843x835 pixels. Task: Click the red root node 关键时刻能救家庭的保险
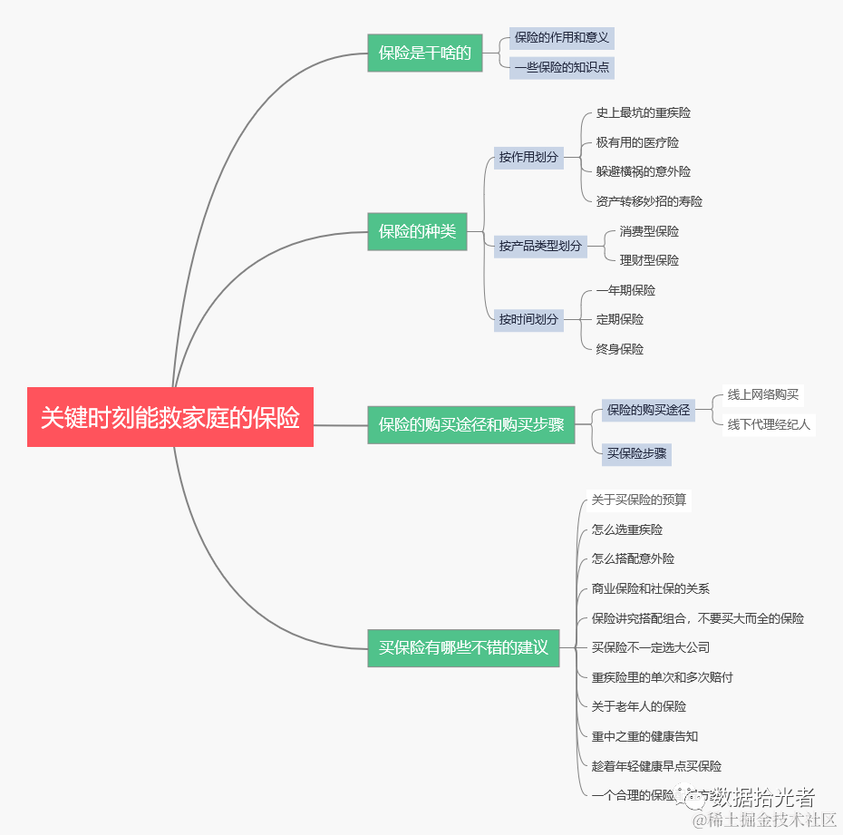click(170, 417)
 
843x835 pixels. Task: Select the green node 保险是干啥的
click(424, 53)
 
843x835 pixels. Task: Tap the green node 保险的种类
click(417, 231)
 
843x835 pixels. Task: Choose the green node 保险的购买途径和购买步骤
click(471, 424)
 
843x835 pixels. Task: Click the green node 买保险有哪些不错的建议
click(463, 647)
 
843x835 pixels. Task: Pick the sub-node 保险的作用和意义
click(562, 38)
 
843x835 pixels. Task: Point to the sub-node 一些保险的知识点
click(562, 67)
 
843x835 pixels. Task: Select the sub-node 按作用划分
click(528, 157)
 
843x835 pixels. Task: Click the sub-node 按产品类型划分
click(540, 246)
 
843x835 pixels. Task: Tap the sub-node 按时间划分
click(528, 319)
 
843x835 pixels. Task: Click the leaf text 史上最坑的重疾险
click(644, 113)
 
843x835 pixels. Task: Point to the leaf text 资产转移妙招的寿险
click(649, 201)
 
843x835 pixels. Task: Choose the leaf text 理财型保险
click(649, 260)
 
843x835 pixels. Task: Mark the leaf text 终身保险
click(620, 349)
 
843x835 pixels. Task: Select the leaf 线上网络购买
click(763, 394)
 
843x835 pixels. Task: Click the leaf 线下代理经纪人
click(769, 424)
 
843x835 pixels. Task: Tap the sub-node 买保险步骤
click(638, 453)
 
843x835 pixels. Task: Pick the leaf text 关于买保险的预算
click(639, 500)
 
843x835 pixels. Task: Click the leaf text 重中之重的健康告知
click(644, 736)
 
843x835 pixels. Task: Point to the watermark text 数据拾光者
click(762, 797)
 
